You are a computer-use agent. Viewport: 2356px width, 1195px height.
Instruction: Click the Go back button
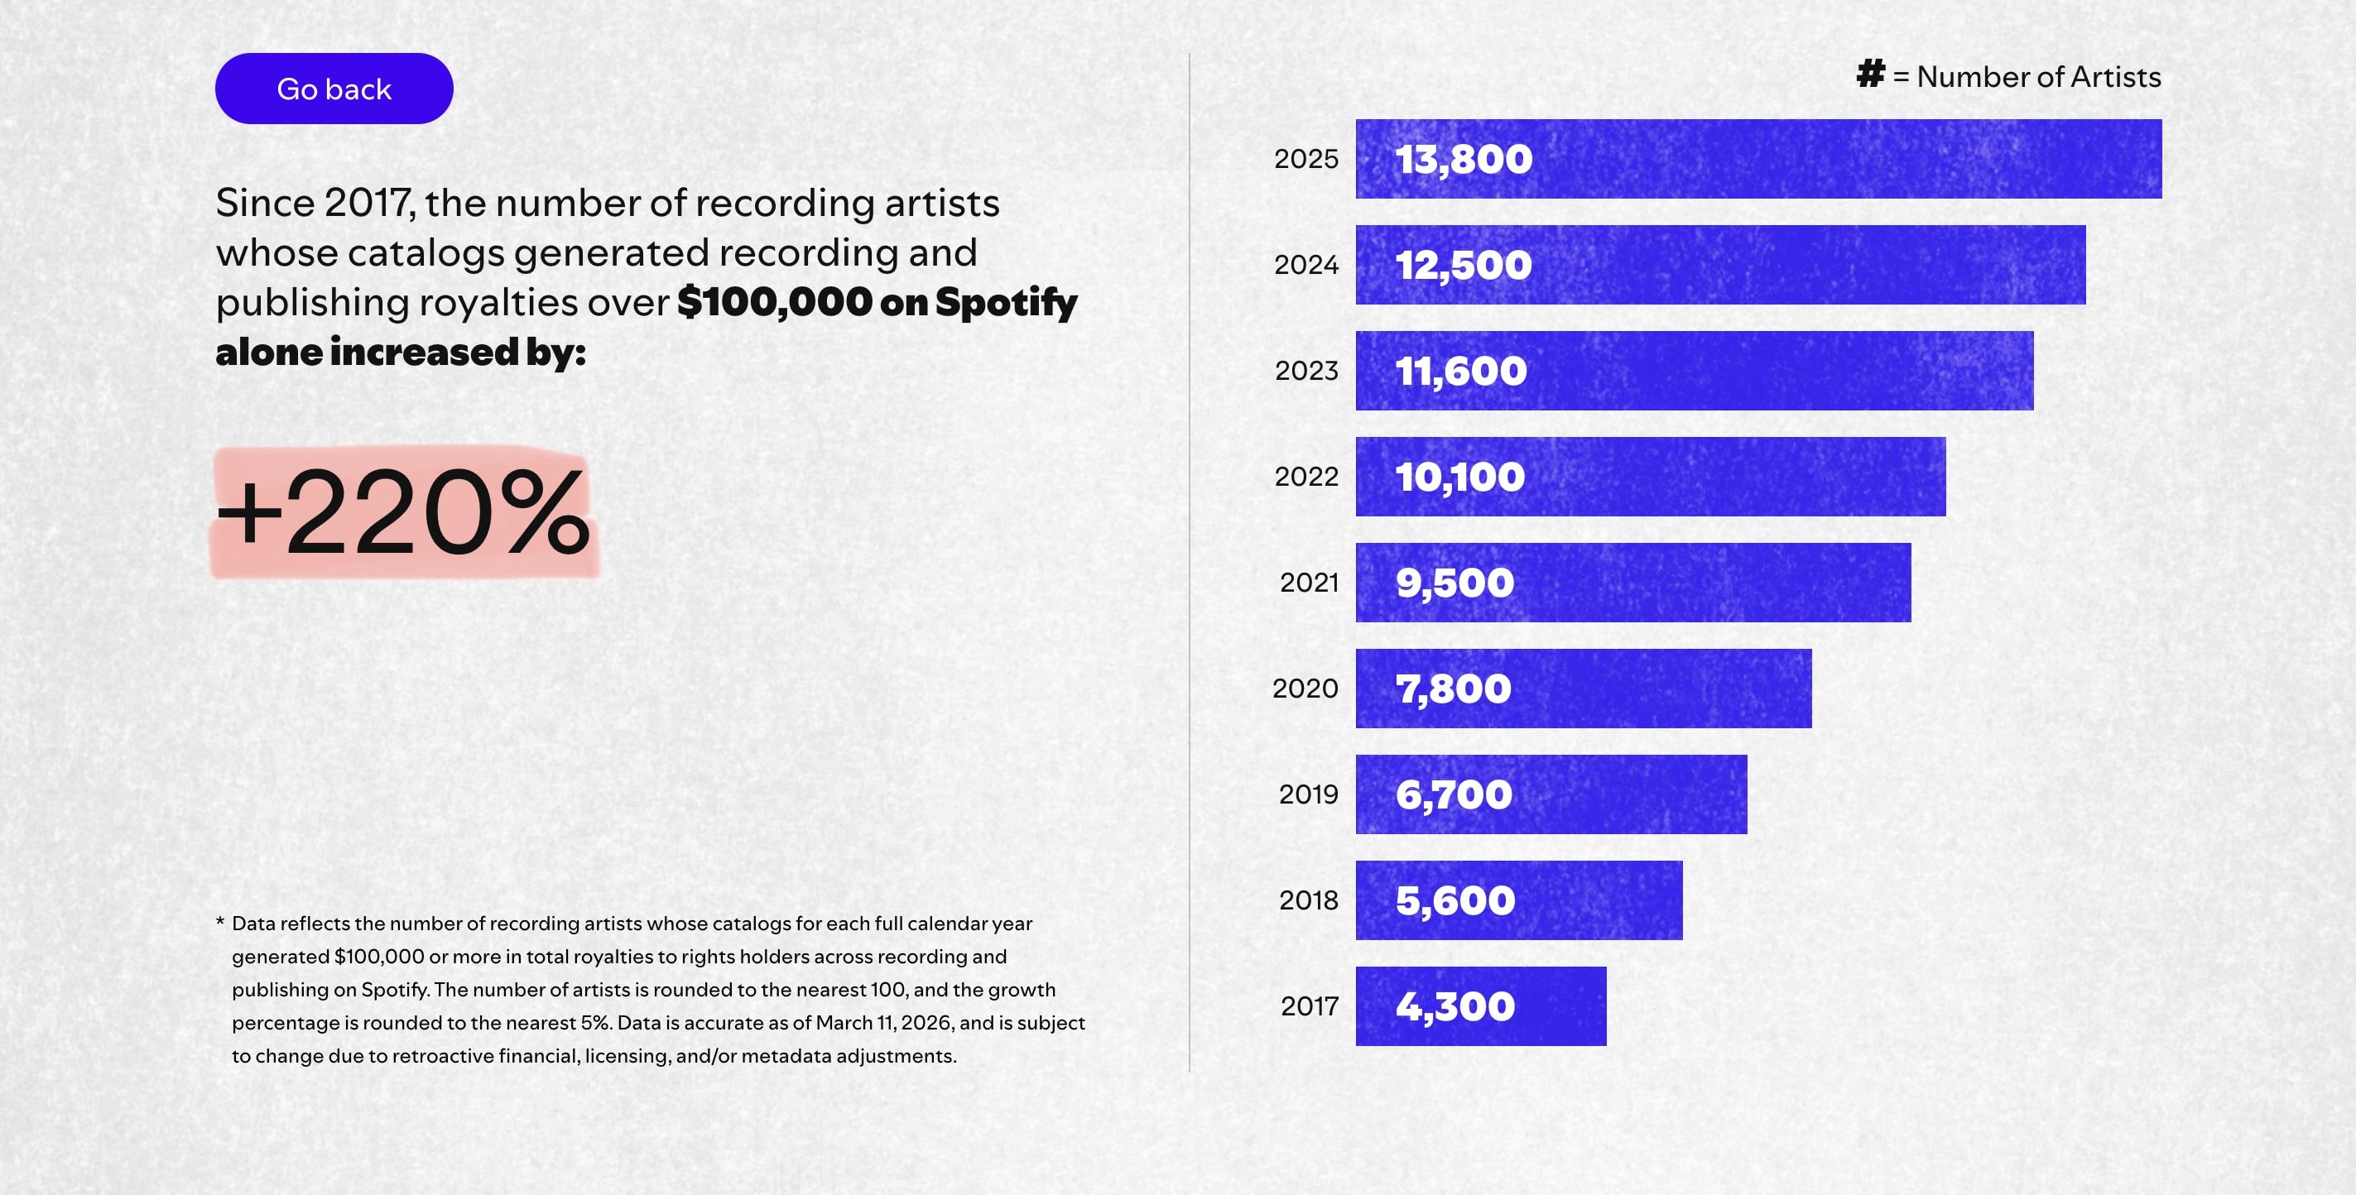334,89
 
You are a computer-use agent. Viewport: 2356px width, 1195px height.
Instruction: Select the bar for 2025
1757,159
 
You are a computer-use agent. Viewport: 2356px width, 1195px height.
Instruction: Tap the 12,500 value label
1464,265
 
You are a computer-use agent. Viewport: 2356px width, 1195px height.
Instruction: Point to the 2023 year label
1306,372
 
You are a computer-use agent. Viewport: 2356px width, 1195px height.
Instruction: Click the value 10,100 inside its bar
1459,478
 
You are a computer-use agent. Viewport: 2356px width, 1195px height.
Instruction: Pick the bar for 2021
1632,583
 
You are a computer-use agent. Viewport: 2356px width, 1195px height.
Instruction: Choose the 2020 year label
1305,689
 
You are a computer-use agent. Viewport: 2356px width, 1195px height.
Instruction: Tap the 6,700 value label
1454,794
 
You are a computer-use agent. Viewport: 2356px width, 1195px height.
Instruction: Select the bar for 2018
1518,900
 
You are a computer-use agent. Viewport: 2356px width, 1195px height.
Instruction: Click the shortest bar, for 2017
1480,1005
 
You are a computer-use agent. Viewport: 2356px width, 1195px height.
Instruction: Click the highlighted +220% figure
403,512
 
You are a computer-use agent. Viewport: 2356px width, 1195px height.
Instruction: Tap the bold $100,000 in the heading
775,303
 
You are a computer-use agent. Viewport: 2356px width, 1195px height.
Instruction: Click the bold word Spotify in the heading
1006,303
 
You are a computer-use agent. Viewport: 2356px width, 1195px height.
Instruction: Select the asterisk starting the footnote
220,923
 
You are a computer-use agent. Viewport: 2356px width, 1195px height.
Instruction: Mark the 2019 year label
1308,794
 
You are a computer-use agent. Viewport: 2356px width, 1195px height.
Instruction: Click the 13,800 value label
1464,159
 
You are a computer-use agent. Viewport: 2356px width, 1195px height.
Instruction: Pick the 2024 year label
1306,265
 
